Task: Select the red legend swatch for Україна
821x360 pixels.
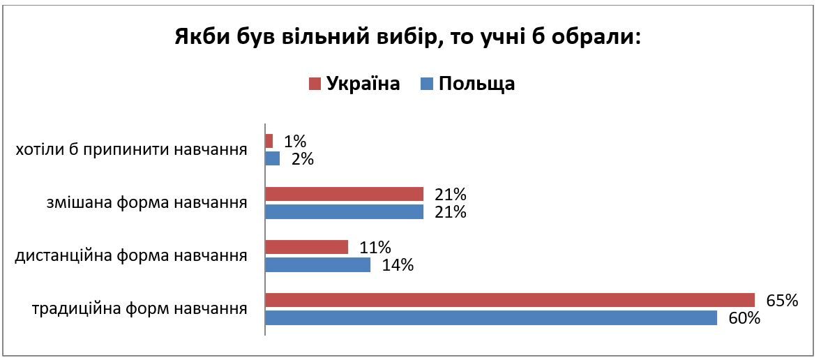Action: tap(315, 84)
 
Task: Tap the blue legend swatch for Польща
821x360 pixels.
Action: tap(427, 84)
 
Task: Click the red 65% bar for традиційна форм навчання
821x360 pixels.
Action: tap(510, 300)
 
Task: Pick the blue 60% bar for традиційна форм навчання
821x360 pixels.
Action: tap(491, 317)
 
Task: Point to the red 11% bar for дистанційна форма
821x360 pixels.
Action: tap(307, 247)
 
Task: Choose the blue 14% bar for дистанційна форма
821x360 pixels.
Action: tap(318, 265)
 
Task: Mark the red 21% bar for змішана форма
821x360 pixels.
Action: tap(345, 194)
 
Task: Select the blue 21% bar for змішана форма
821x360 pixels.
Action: tap(345, 211)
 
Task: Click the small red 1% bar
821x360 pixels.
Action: tap(269, 141)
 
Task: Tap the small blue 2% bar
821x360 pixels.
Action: tap(273, 158)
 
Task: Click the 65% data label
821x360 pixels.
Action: tap(782, 301)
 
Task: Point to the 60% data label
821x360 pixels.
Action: tap(744, 318)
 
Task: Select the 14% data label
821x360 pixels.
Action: tap(398, 265)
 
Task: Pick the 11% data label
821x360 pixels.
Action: tap(375, 247)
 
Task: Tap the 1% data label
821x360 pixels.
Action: tap(295, 141)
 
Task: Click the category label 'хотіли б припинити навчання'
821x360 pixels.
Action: tap(132, 150)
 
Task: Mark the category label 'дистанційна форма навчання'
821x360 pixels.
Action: tap(132, 256)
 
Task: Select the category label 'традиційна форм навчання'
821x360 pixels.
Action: tap(140, 309)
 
